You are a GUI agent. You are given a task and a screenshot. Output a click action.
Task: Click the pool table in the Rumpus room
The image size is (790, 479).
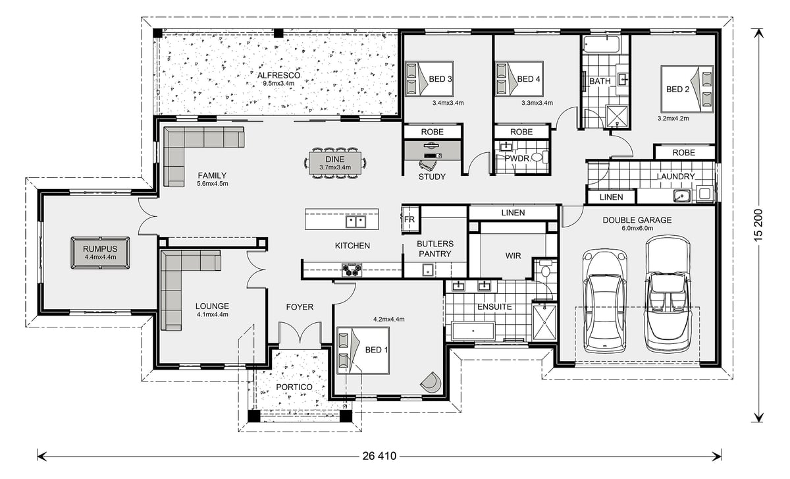click(x=100, y=253)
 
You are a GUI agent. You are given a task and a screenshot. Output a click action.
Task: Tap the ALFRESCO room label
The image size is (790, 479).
click(x=278, y=75)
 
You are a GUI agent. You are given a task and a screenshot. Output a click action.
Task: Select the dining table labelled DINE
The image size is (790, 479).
click(x=335, y=163)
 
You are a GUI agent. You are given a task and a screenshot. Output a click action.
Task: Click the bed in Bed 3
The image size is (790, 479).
click(x=429, y=78)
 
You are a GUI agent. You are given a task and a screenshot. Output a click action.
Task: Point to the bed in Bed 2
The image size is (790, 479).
click(x=687, y=89)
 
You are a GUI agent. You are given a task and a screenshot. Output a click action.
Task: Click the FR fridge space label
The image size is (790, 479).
click(x=409, y=219)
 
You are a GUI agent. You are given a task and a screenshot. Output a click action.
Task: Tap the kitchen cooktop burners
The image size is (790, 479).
click(x=352, y=270)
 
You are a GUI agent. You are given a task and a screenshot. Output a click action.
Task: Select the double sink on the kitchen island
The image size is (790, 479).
click(x=355, y=221)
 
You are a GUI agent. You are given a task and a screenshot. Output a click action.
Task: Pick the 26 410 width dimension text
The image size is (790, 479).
click(x=379, y=456)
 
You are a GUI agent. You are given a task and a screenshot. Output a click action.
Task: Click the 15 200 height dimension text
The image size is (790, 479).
click(x=758, y=225)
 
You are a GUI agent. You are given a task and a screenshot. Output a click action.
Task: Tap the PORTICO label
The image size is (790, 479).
click(x=294, y=387)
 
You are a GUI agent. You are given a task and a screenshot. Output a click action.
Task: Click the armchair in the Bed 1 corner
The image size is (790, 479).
click(x=431, y=382)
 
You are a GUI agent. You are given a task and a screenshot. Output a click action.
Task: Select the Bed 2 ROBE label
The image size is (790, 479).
click(x=683, y=152)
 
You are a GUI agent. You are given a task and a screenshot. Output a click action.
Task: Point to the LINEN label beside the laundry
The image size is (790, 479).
click(x=611, y=197)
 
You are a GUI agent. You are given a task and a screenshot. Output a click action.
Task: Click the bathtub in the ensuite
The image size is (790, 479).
click(x=473, y=331)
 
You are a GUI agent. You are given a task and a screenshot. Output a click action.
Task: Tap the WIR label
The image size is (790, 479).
click(x=513, y=256)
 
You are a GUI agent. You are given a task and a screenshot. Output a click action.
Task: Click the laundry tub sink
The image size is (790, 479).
click(x=682, y=196)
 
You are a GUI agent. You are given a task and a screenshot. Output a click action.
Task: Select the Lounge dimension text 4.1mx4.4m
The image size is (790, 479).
click(x=212, y=314)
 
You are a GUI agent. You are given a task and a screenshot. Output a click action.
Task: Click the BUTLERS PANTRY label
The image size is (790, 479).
click(x=435, y=249)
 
